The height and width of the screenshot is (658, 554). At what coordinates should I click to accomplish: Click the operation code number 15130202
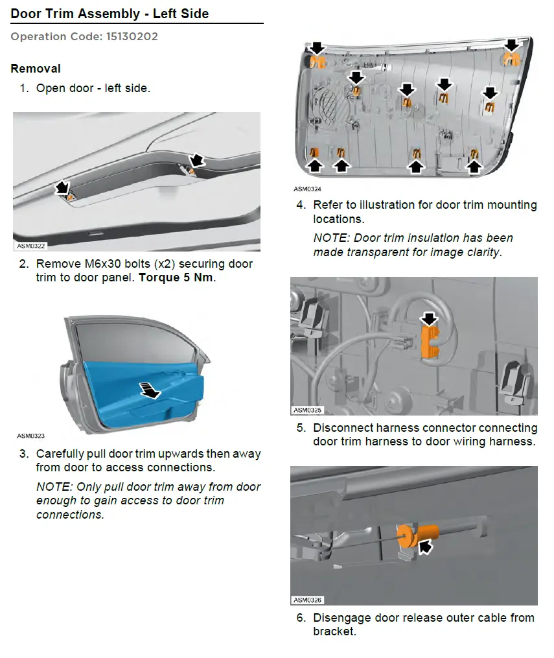tap(132, 36)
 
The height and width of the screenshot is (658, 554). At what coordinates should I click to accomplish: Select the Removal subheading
tap(36, 69)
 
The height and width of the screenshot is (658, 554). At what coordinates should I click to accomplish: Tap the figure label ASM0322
tap(30, 246)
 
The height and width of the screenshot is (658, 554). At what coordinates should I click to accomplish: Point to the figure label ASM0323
tap(30, 436)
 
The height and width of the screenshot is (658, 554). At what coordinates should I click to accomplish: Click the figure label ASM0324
tap(307, 189)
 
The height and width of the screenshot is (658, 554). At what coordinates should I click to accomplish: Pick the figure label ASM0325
tap(307, 410)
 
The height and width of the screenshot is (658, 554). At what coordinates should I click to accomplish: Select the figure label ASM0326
tap(307, 600)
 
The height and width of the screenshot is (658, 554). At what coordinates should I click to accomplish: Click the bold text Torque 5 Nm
tap(176, 277)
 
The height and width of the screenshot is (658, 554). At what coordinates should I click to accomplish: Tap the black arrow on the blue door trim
tap(149, 390)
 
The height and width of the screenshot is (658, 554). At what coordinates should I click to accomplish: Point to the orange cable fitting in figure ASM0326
tap(417, 535)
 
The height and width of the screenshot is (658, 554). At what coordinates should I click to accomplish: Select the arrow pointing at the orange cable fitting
tap(425, 546)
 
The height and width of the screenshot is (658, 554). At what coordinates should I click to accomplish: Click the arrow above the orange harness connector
tap(429, 319)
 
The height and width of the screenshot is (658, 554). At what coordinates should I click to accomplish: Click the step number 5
tap(301, 428)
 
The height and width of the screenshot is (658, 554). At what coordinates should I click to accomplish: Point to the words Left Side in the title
tap(181, 14)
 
